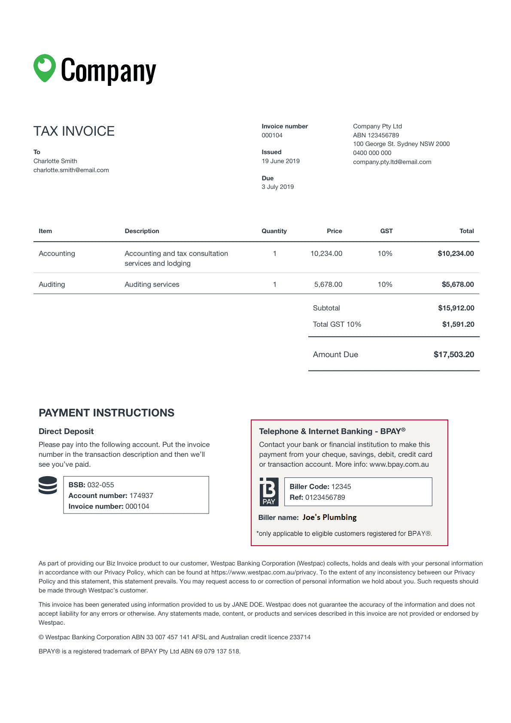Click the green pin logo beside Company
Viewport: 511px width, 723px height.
click(x=45, y=68)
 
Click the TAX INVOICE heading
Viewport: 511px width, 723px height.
click(x=74, y=131)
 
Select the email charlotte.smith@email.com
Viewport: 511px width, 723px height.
click(x=71, y=170)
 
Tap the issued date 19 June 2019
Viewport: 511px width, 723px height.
click(x=281, y=161)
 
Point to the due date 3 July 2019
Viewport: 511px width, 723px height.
click(x=278, y=187)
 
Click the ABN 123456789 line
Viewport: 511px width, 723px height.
click(x=376, y=135)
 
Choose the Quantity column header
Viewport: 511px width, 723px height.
click(x=274, y=231)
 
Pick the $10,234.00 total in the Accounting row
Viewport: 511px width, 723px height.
click(x=456, y=253)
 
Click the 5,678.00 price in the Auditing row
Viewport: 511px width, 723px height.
click(x=328, y=284)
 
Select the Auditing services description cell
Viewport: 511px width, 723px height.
click(x=152, y=284)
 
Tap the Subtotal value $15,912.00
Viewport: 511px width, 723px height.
click(x=456, y=308)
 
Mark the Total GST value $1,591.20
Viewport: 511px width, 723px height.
click(x=458, y=324)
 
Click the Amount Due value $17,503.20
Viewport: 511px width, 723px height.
click(x=454, y=355)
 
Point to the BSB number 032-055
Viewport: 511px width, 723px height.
click(x=100, y=485)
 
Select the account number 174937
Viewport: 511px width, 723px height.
click(x=141, y=495)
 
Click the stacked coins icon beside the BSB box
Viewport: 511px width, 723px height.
click(x=48, y=485)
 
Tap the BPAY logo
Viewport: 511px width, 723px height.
click(x=269, y=492)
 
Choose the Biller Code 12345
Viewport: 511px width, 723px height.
click(x=341, y=486)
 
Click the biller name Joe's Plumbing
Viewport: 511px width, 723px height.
click(x=329, y=517)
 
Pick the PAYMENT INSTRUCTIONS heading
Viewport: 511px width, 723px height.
click(x=106, y=413)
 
